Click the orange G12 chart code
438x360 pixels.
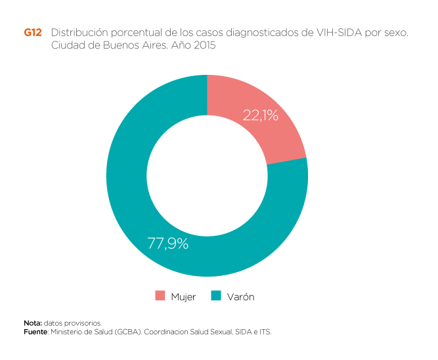[x=32, y=32]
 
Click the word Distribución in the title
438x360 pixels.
[x=77, y=32]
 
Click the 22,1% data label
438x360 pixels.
[x=260, y=116]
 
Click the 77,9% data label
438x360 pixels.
[x=167, y=244]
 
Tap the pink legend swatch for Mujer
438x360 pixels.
[x=160, y=296]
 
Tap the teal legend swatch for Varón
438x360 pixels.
[x=216, y=296]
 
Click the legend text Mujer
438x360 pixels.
[x=183, y=297]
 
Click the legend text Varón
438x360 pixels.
[x=240, y=297]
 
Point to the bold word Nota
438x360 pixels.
[x=33, y=323]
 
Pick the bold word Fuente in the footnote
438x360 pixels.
[x=35, y=332]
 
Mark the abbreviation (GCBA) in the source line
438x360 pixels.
[x=125, y=332]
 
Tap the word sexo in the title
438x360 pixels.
[x=393, y=32]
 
